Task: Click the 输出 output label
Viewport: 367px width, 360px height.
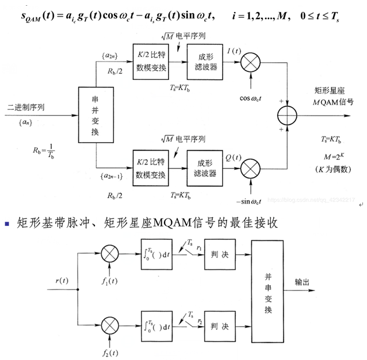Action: coord(303,282)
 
